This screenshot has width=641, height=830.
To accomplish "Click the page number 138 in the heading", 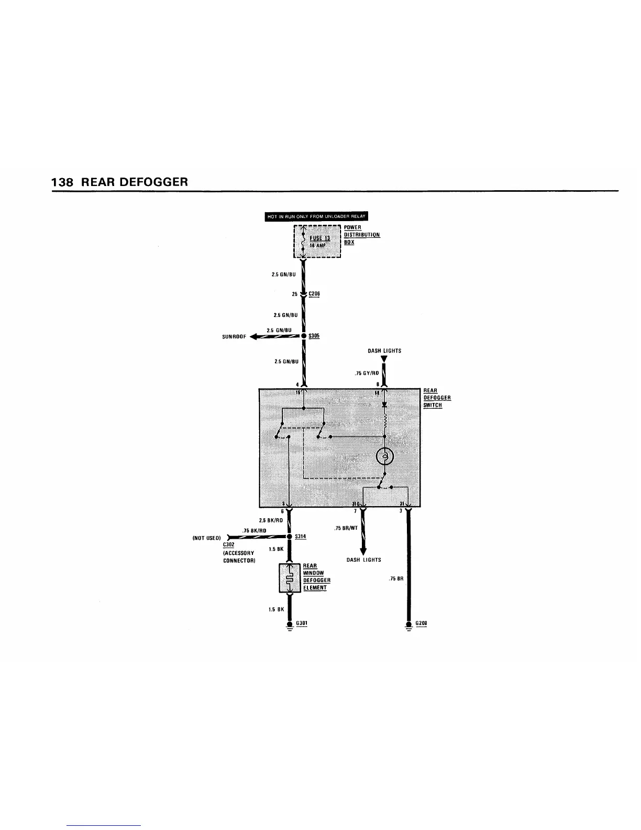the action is tap(62, 182).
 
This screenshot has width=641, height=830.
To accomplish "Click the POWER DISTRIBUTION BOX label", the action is tap(361, 235).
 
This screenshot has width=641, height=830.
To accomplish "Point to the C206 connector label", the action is tap(314, 294).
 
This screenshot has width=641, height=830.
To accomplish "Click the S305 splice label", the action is tap(314, 336).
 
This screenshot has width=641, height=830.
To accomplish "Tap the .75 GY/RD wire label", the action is tap(367, 374).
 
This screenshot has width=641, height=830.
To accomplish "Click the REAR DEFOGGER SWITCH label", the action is tap(437, 398).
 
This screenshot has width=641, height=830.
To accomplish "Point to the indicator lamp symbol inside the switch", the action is tap(385, 457).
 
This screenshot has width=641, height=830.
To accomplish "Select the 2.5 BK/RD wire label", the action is tap(271, 520).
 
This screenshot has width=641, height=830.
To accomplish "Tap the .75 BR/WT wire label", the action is tap(346, 528).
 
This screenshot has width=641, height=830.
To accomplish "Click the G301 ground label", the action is tap(301, 623).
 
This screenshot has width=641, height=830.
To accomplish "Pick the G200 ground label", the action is tap(421, 623).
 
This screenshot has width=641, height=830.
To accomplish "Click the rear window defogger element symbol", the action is tap(289, 578).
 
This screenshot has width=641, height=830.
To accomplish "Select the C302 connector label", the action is tap(228, 544).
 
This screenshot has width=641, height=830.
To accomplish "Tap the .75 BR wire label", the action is tap(396, 579).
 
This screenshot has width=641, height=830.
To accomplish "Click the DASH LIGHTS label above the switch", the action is tap(384, 351).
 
